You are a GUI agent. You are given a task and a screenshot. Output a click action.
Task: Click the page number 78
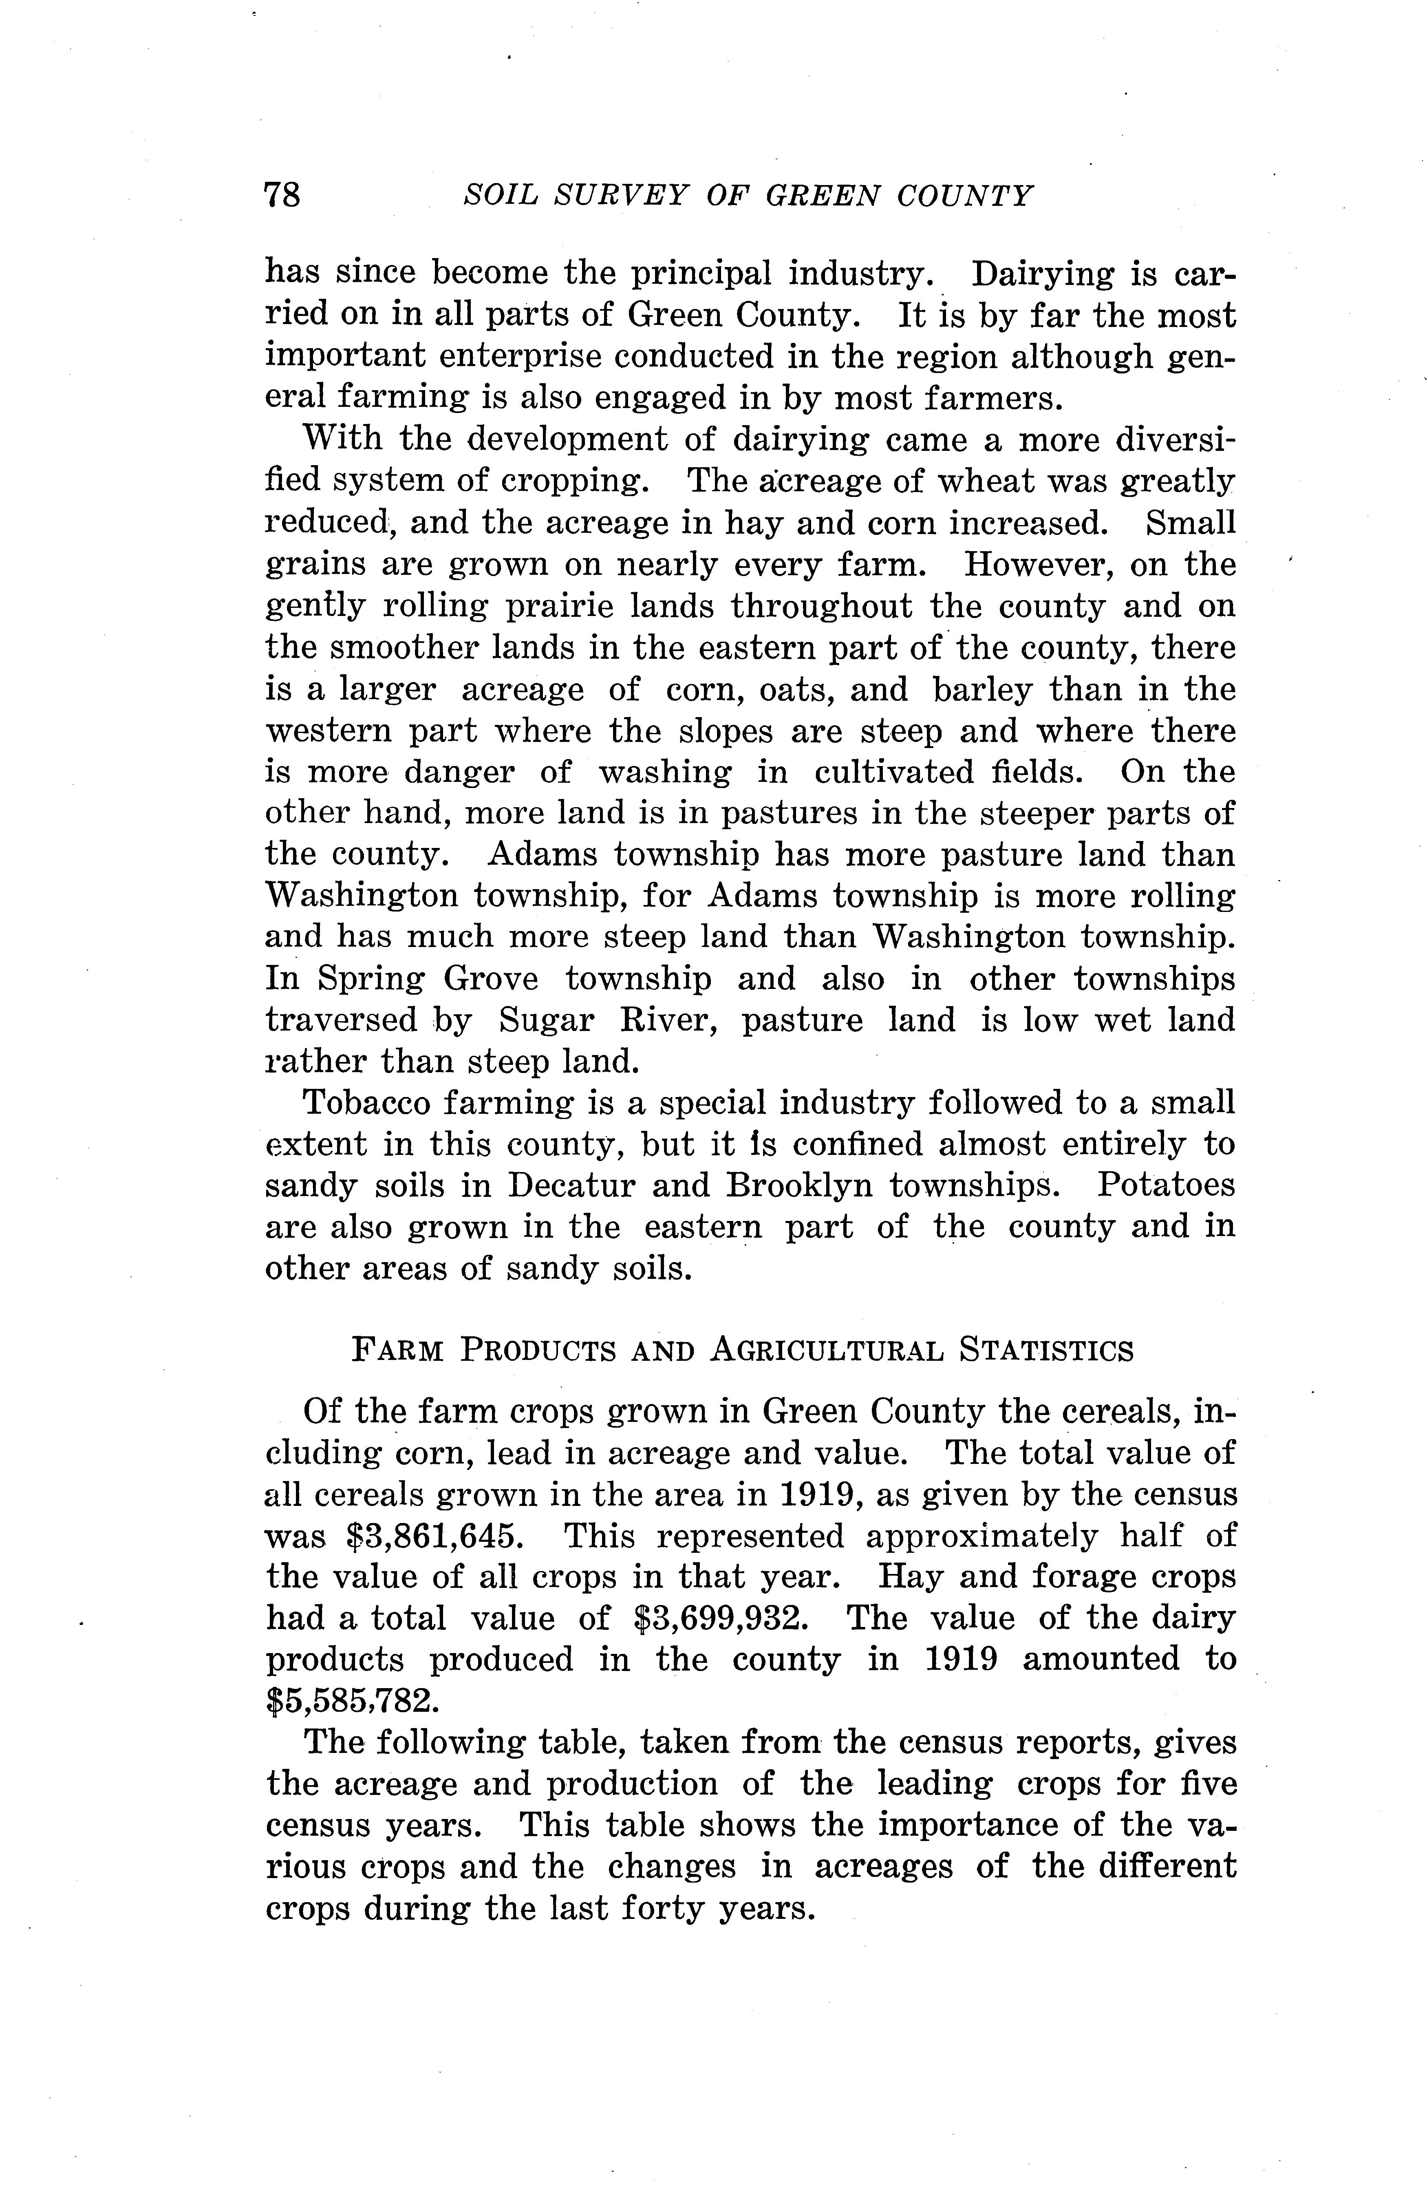pos(282,195)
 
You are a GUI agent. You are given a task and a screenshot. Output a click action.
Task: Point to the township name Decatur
pos(571,1185)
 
